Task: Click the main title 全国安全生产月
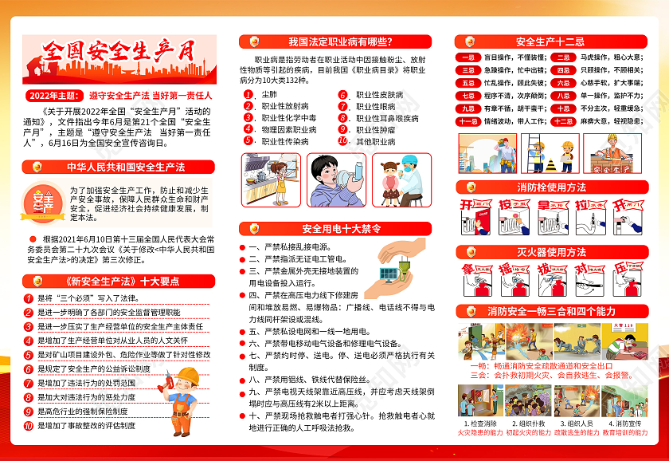point(119,54)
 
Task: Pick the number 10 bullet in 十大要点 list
point(29,426)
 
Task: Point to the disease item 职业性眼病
point(375,106)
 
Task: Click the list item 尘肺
point(270,94)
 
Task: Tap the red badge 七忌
point(469,96)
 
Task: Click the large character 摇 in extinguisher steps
point(505,270)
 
